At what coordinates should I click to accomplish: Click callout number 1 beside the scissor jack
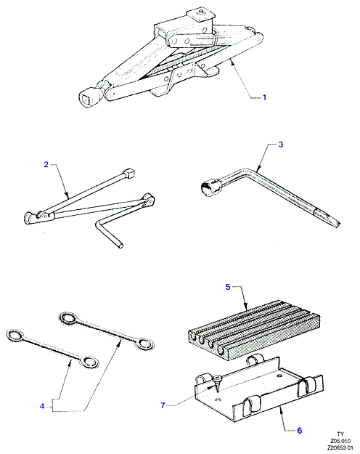pos(264,97)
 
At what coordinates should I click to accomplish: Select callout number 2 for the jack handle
pos(46,164)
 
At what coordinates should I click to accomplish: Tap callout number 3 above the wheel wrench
pos(280,145)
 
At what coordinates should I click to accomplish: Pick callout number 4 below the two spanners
pos(42,406)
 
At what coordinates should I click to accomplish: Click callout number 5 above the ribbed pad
pos(228,287)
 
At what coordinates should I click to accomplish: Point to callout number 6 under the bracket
pos(300,431)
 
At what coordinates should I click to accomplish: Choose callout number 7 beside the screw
pos(163,405)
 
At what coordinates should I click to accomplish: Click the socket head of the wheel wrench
pos(210,187)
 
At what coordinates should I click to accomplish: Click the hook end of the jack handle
pos(29,218)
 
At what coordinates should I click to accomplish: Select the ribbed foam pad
pos(255,330)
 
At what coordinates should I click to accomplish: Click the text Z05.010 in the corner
pos(340,441)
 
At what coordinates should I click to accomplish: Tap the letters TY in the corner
pos(340,434)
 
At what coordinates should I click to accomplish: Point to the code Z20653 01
pos(340,447)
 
